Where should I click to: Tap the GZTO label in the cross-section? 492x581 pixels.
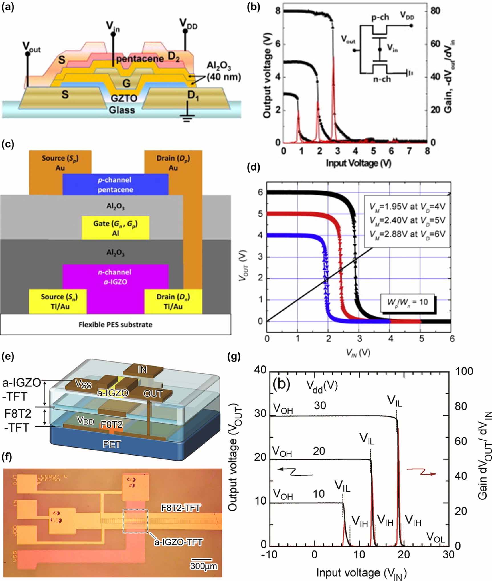[x=124, y=98]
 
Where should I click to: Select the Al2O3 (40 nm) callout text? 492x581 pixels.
[x=223, y=72]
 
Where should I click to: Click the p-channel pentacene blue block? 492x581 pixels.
[x=115, y=185]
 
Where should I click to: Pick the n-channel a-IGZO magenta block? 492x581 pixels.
[x=115, y=277]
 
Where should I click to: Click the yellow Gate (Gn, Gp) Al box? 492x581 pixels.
[x=115, y=228]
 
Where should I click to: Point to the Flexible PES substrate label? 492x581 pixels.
[x=115, y=325]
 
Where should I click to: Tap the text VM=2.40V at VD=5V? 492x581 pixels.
[x=407, y=220]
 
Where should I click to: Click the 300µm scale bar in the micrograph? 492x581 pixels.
[x=201, y=560]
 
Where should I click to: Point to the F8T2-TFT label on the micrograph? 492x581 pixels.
[x=181, y=508]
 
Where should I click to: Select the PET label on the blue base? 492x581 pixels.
[x=112, y=444]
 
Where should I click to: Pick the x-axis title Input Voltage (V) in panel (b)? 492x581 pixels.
[x=359, y=163]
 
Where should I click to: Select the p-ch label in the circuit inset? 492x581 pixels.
[x=380, y=17]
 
